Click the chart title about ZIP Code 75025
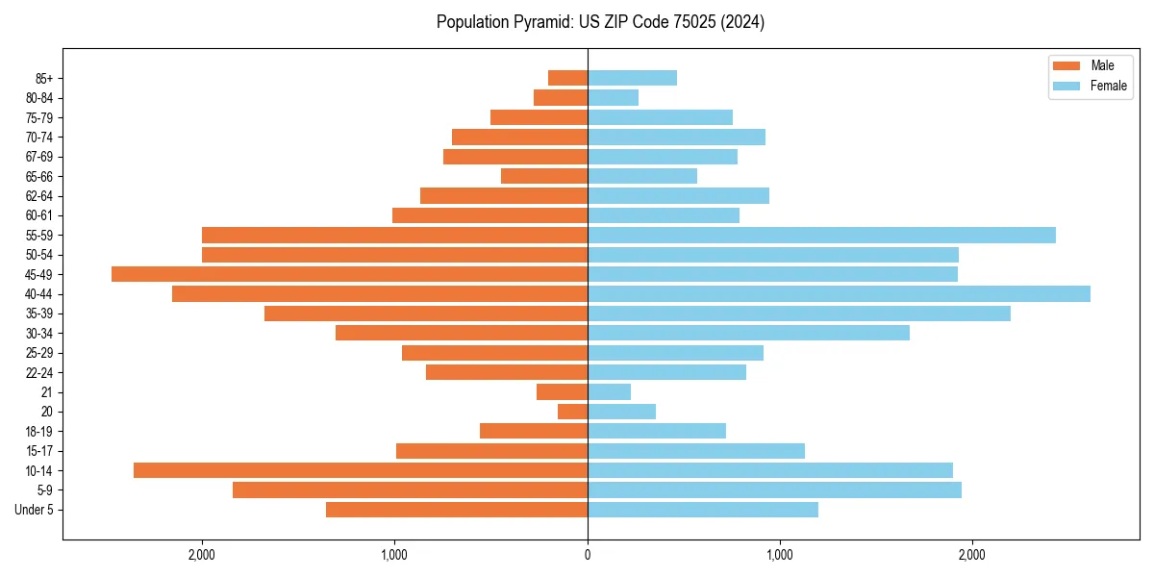[600, 22]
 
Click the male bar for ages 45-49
[349, 274]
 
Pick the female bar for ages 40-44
[839, 293]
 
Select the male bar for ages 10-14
[361, 470]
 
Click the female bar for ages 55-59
[821, 235]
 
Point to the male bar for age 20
[572, 412]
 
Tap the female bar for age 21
[609, 391]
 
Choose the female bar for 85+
[632, 78]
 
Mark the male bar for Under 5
[457, 510]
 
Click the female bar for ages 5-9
[774, 489]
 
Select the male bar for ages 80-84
[561, 97]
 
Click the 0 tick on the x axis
[588, 555]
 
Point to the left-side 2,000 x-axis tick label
[202, 555]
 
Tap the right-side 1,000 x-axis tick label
[779, 555]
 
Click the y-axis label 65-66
[39, 176]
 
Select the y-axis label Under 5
[35, 510]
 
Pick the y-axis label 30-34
[39, 333]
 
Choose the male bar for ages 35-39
[426, 314]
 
